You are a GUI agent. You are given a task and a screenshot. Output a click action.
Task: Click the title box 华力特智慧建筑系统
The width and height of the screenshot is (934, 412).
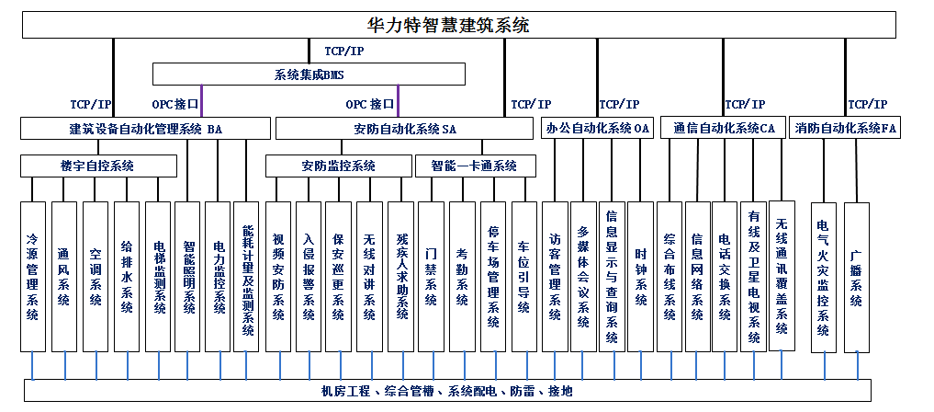(458, 25)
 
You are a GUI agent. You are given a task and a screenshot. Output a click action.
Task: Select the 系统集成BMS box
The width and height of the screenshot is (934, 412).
(309, 74)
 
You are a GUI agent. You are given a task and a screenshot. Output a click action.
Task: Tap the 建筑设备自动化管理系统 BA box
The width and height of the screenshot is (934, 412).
(145, 128)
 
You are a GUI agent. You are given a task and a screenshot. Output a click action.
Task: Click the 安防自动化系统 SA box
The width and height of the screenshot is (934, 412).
(404, 128)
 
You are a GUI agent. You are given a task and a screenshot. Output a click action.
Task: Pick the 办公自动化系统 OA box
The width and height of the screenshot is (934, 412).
(597, 128)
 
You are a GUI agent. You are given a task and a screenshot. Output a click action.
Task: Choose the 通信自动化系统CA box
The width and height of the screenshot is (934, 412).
(724, 128)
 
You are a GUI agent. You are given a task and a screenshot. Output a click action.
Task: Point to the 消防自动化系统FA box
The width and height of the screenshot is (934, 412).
(845, 128)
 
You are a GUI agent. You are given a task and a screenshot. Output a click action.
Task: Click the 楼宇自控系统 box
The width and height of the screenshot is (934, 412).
(98, 166)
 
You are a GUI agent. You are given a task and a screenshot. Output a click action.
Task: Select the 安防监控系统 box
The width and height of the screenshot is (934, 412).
(338, 166)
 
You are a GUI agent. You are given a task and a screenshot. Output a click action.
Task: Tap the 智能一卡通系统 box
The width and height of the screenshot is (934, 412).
(476, 166)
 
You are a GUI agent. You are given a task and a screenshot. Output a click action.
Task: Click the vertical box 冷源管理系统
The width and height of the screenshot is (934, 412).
(33, 277)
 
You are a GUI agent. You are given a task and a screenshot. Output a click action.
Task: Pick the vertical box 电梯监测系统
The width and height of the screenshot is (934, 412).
(158, 277)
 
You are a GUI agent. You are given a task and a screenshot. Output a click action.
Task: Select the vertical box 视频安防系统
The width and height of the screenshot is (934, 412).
(278, 277)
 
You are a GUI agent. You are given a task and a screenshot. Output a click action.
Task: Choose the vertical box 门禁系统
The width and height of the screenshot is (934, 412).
(431, 277)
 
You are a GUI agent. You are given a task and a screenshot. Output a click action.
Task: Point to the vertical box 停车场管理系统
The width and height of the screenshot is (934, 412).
(493, 277)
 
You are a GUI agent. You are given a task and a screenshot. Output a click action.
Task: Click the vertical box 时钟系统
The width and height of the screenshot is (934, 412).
(641, 277)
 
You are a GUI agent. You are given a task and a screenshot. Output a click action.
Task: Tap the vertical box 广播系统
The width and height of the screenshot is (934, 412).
(857, 278)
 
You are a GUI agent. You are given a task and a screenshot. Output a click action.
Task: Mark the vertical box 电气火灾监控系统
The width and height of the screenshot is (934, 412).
(824, 278)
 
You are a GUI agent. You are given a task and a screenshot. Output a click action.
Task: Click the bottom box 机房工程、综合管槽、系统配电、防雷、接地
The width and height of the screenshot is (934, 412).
(447, 391)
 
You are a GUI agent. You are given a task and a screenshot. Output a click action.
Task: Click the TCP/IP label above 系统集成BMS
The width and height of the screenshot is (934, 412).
(343, 51)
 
